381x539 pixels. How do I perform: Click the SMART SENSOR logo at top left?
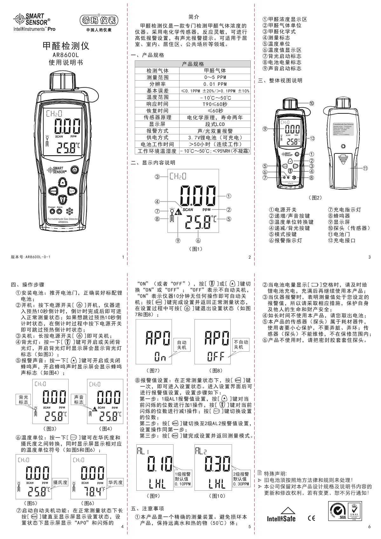tap(32, 19)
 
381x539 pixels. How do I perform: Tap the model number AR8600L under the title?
tap(65, 55)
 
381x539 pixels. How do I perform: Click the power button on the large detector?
tap(74, 169)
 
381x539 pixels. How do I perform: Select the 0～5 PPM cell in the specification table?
tap(215, 77)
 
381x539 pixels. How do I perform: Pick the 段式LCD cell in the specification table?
tap(215, 124)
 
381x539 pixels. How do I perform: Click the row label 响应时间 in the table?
tap(157, 104)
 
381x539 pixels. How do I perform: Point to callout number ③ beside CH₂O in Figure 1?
tap(157, 177)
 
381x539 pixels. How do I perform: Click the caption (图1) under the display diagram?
tap(195, 249)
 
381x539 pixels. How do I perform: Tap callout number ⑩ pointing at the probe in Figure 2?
tap(311, 103)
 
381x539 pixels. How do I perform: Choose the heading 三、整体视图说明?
tap(280, 81)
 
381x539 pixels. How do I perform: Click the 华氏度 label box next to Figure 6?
tap(115, 482)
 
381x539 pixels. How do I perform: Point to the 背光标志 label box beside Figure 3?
tap(24, 400)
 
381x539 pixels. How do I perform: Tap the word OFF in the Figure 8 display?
tap(216, 357)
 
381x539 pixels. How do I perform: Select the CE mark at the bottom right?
tap(312, 518)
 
